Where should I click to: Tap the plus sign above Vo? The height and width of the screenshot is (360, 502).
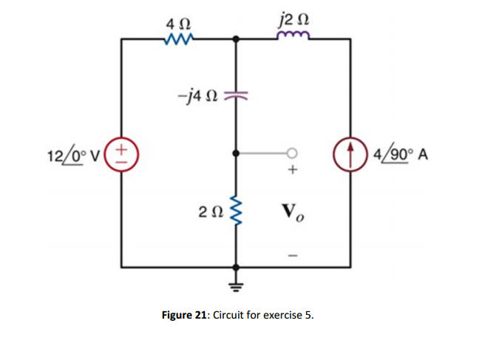[x=293, y=171]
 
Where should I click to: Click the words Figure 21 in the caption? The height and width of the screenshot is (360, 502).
[x=186, y=314]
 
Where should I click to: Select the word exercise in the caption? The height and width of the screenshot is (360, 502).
[x=284, y=314]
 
